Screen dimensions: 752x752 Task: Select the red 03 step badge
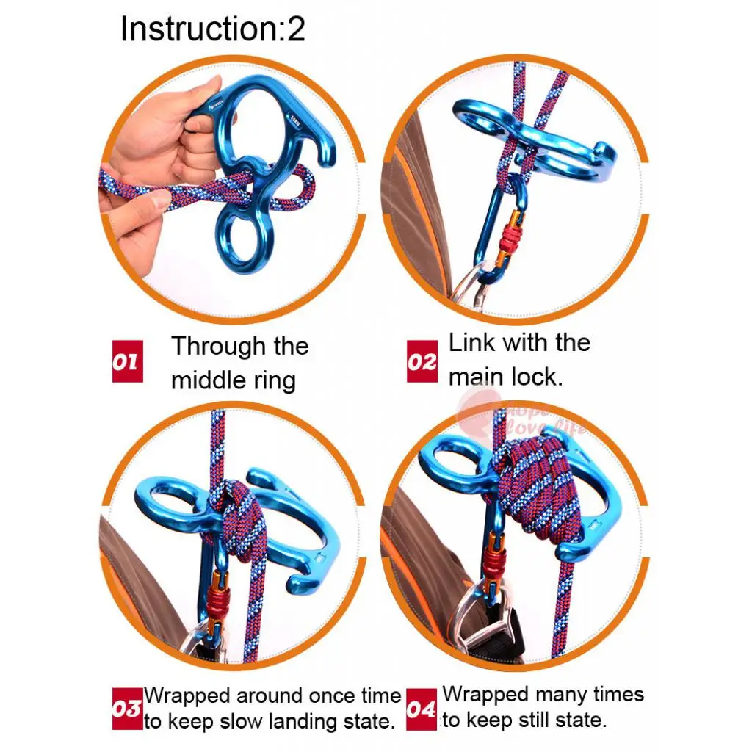127,709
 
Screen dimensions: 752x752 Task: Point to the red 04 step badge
422,709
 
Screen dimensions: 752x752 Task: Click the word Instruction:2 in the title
213,29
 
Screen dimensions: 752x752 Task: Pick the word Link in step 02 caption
472,343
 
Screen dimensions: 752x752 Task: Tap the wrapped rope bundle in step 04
536,485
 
